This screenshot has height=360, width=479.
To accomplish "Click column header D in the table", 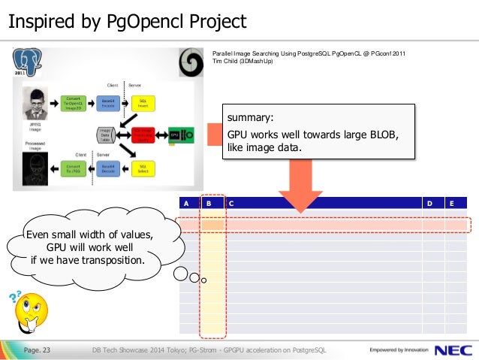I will pyautogui.click(x=429, y=203).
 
